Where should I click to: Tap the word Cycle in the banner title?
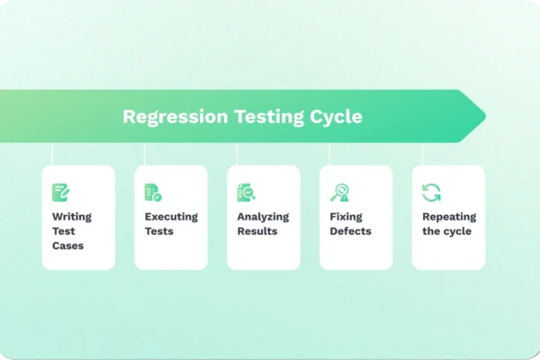[x=333, y=117]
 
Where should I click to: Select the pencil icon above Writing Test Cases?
[x=60, y=192]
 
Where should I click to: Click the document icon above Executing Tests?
[x=153, y=192]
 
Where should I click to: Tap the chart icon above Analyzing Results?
[x=246, y=192]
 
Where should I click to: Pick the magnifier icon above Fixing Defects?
[x=339, y=192]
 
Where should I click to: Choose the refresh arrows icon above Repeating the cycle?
[x=432, y=192]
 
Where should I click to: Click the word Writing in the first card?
[x=71, y=217]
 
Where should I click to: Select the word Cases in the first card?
[x=67, y=246]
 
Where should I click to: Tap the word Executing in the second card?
[x=171, y=217]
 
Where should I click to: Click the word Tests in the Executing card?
[x=158, y=231]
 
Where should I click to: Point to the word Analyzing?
[x=264, y=217]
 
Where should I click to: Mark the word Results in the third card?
[x=256, y=231]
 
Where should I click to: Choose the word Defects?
[x=350, y=231]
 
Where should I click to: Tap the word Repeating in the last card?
[x=449, y=217]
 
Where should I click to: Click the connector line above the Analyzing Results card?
[x=237, y=154]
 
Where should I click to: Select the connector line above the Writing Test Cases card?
[x=52, y=154]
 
